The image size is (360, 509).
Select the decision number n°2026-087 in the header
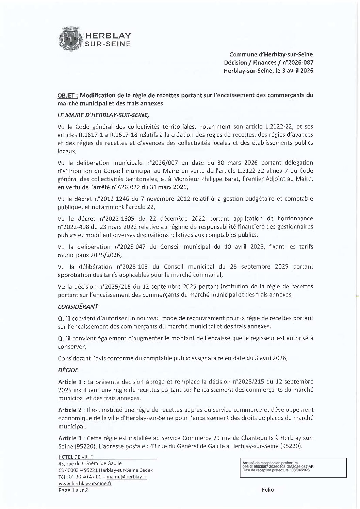pyautogui.click(x=299, y=63)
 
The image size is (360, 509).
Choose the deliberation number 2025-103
pyautogui.click(x=136, y=267)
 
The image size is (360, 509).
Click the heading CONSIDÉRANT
pyautogui.click(x=78, y=306)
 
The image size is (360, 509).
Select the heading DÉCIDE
pyautogui.click(x=68, y=370)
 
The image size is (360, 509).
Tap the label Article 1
pyautogui.click(x=70, y=382)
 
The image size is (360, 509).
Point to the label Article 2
pyautogui.click(x=70, y=410)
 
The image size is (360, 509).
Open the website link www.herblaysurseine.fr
pyautogui.click(x=85, y=483)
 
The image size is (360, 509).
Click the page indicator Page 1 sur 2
pyautogui.click(x=73, y=490)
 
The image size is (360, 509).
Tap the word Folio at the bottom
pyautogui.click(x=268, y=490)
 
